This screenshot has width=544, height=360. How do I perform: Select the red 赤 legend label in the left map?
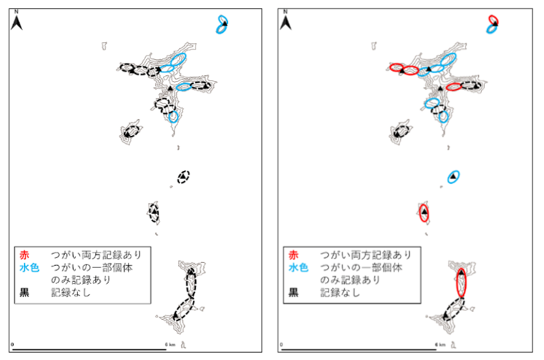[26, 255]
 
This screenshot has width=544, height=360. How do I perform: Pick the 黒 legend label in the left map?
[26, 291]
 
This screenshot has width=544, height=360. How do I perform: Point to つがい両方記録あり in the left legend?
[95, 255]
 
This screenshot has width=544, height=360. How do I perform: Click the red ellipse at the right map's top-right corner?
[494, 19]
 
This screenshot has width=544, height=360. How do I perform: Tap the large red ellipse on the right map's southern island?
[461, 282]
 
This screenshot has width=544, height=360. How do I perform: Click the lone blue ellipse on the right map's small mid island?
[453, 177]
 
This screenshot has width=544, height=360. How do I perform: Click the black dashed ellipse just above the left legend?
[154, 212]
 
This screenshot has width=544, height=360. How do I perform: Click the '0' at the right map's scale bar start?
[283, 344]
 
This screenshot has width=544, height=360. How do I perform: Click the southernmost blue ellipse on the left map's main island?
[173, 115]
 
